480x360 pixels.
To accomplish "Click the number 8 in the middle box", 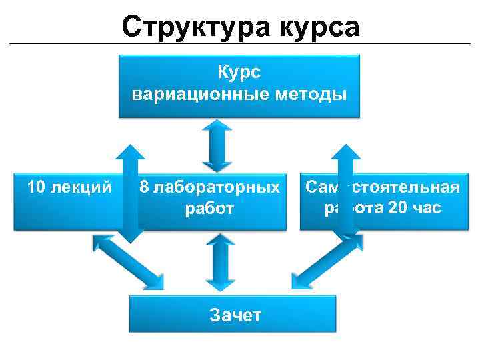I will pyautogui.click(x=144, y=187).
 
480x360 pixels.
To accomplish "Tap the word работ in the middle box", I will pyautogui.click(x=209, y=209).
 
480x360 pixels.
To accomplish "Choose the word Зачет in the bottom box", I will pyautogui.click(x=235, y=315).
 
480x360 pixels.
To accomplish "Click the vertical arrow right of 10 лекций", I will pyautogui.click(x=130, y=193).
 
